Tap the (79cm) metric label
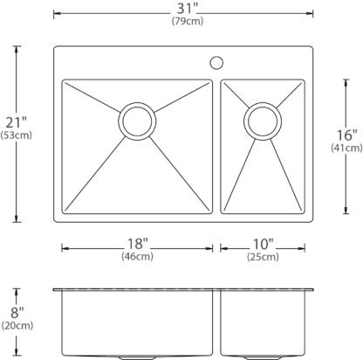coord(188,21)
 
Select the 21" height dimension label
coord(17,122)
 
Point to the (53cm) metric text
coord(17,135)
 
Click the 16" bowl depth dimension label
coord(346,135)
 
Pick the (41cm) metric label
coord(346,148)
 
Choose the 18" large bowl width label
coord(138,244)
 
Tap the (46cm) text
coord(137,256)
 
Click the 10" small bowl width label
coord(263,244)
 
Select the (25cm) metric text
coord(263,257)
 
